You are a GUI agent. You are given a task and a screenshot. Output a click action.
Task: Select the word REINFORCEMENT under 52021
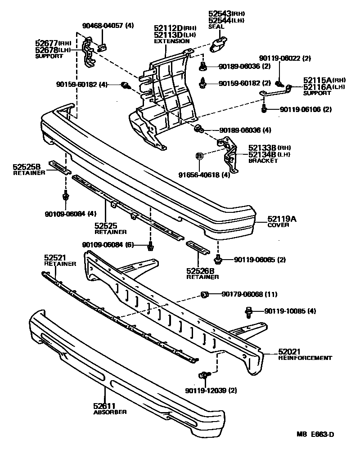(305, 358)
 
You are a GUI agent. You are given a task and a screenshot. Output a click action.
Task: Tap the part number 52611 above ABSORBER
(104, 406)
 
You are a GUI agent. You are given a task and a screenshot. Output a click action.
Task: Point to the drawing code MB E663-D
(315, 434)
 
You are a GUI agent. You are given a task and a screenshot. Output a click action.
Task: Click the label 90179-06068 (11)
(249, 294)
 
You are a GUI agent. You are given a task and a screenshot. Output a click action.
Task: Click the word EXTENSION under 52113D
(172, 41)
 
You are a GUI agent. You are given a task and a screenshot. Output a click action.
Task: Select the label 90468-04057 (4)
(108, 26)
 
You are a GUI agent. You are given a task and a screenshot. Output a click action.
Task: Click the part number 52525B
(27, 167)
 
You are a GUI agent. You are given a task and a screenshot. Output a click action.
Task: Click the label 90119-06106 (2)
(305, 109)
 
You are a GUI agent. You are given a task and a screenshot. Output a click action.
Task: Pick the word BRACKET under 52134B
(263, 161)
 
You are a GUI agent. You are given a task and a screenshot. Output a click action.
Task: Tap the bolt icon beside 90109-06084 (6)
(151, 245)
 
